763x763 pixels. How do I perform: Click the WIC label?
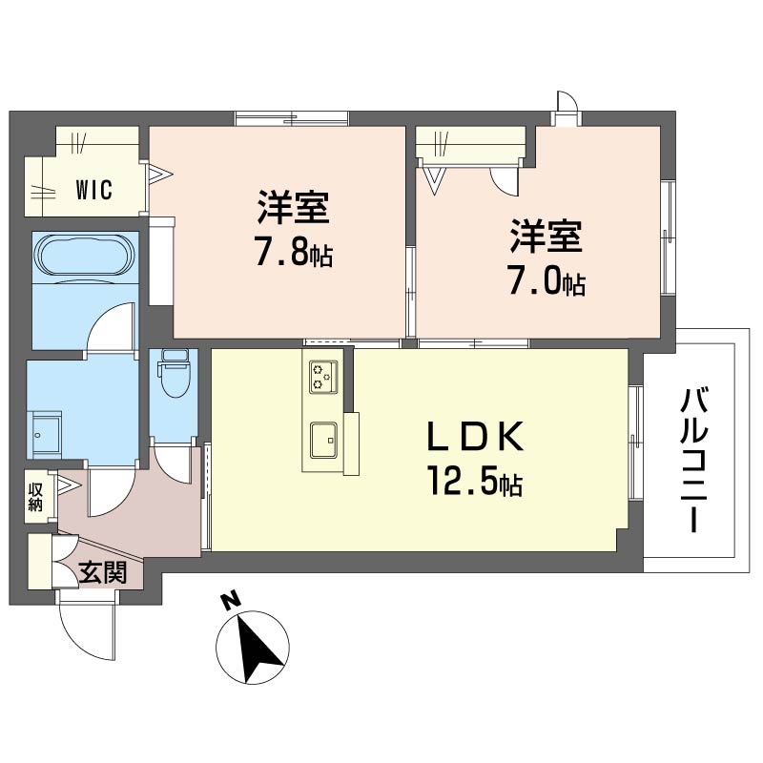pos(93,190)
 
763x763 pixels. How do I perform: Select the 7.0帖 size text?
pos(546,282)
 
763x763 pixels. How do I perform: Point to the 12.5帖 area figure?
pos(474,485)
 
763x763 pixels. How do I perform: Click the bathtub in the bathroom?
pos(84,256)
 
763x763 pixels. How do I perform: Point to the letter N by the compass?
pos(229,600)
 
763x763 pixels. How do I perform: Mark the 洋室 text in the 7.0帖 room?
pos(546,237)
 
